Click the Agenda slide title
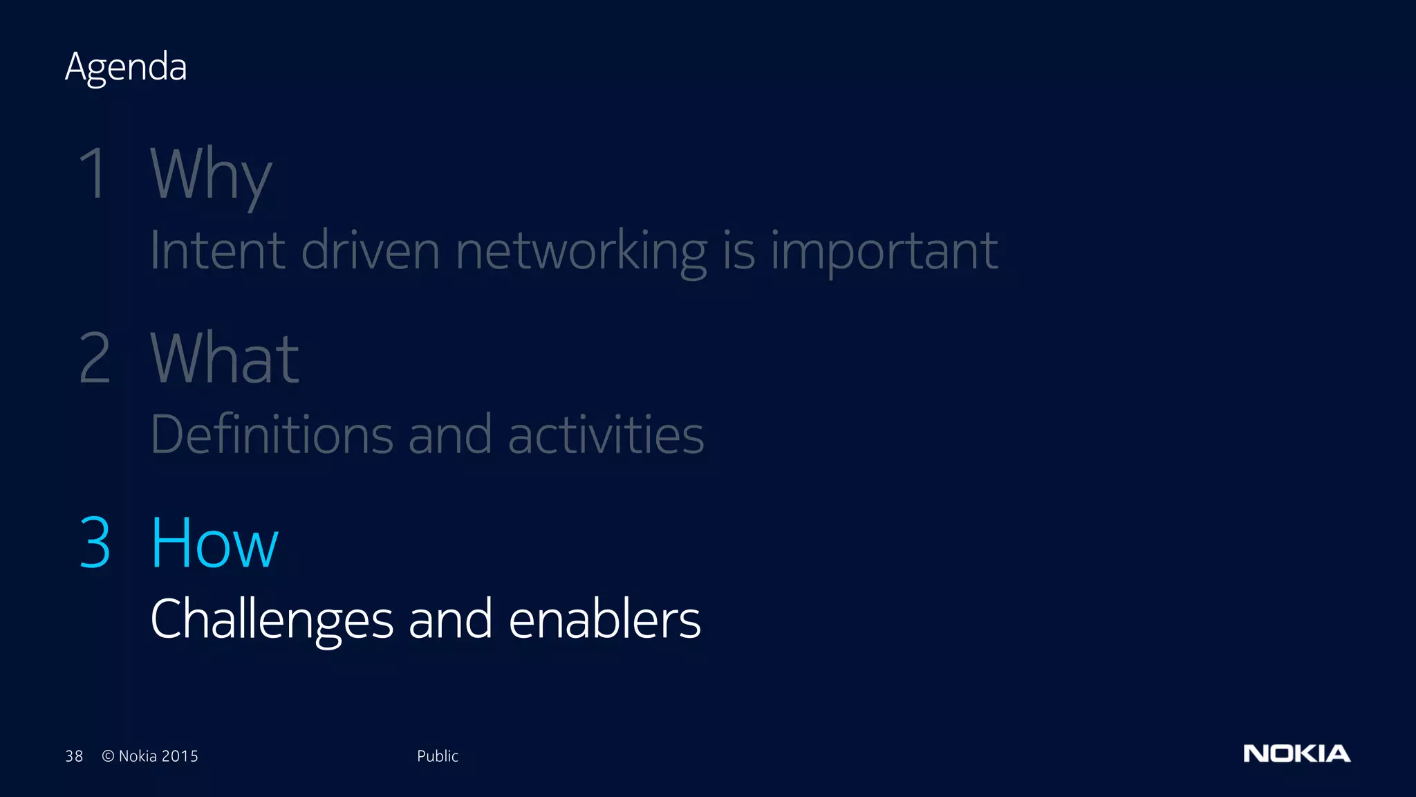click(126, 67)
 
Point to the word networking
click(581, 251)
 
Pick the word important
click(884, 251)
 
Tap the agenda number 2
click(95, 358)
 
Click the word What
click(225, 358)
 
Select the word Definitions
click(272, 434)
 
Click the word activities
click(606, 434)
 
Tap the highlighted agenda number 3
click(95, 543)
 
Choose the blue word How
click(214, 543)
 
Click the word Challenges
click(272, 619)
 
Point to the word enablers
click(604, 619)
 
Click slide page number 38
click(74, 756)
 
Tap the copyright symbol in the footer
click(108, 756)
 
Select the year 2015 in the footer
click(180, 756)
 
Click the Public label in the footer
click(437, 756)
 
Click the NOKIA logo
click(1296, 753)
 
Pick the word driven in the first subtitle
click(371, 250)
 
